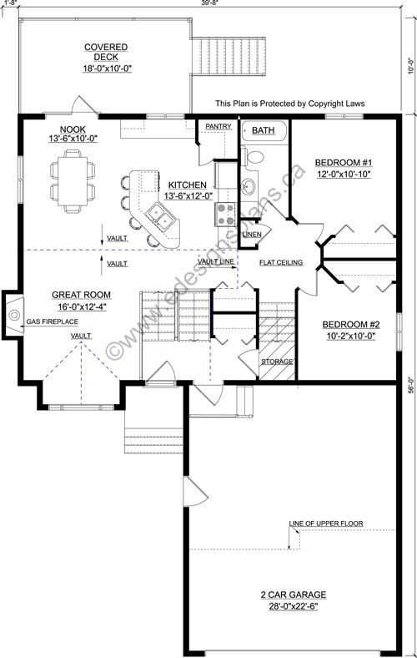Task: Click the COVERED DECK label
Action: [x=106, y=52]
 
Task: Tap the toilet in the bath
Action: [x=254, y=155]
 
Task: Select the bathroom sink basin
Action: [x=248, y=185]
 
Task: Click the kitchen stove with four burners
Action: [x=225, y=214]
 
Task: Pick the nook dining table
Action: [x=73, y=181]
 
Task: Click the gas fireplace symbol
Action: [x=13, y=314]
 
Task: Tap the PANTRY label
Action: [x=219, y=126]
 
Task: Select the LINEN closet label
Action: [x=252, y=235]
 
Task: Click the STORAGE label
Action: [x=277, y=362]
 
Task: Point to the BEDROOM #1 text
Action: [x=344, y=162]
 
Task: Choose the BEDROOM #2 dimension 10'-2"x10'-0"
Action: [x=351, y=336]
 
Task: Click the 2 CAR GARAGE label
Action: [x=294, y=595]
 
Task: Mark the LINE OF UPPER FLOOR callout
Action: [x=325, y=524]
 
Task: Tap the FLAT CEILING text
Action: [x=281, y=263]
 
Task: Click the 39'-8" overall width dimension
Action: [x=209, y=3]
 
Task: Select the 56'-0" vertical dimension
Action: [x=411, y=385]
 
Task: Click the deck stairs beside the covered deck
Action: [x=229, y=56]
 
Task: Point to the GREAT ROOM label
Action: [x=81, y=295]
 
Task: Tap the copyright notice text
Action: [x=290, y=104]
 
